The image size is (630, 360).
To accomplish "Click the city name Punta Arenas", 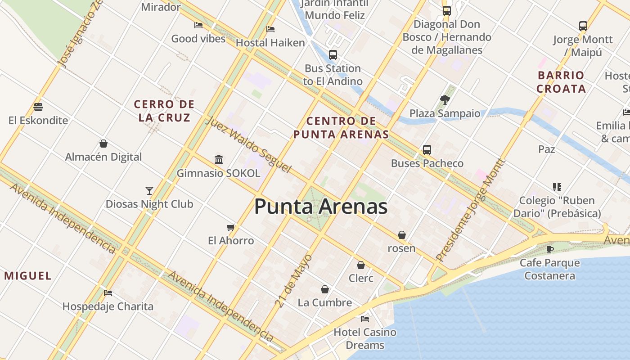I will coord(321,207).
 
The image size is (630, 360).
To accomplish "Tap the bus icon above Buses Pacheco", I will coord(427,149).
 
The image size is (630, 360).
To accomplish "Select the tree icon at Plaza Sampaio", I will coord(445,99).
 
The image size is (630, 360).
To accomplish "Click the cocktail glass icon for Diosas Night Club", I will coord(149,190).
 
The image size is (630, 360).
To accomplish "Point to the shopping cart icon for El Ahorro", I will coord(231,227).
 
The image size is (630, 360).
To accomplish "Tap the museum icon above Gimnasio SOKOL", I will coord(219,159).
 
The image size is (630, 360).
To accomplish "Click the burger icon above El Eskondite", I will coord(38,107).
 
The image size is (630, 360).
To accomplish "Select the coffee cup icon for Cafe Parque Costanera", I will coord(549,249).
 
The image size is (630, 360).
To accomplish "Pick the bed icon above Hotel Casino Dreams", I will coord(365,319).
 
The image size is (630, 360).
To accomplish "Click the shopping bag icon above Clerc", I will coord(360,265).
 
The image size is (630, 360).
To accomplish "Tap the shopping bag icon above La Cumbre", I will coord(325,289).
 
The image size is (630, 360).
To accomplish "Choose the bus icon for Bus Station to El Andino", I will coord(333,55).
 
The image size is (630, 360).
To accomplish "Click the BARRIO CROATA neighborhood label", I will coord(561,82).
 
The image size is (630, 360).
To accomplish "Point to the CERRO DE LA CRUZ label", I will coord(164,111).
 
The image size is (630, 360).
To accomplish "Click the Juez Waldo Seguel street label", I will coord(249,144).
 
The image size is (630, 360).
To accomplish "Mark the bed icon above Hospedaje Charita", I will coord(108,293).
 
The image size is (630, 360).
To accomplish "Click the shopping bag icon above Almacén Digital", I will coord(103,144).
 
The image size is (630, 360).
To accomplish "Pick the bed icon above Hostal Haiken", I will coord(270,29).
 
